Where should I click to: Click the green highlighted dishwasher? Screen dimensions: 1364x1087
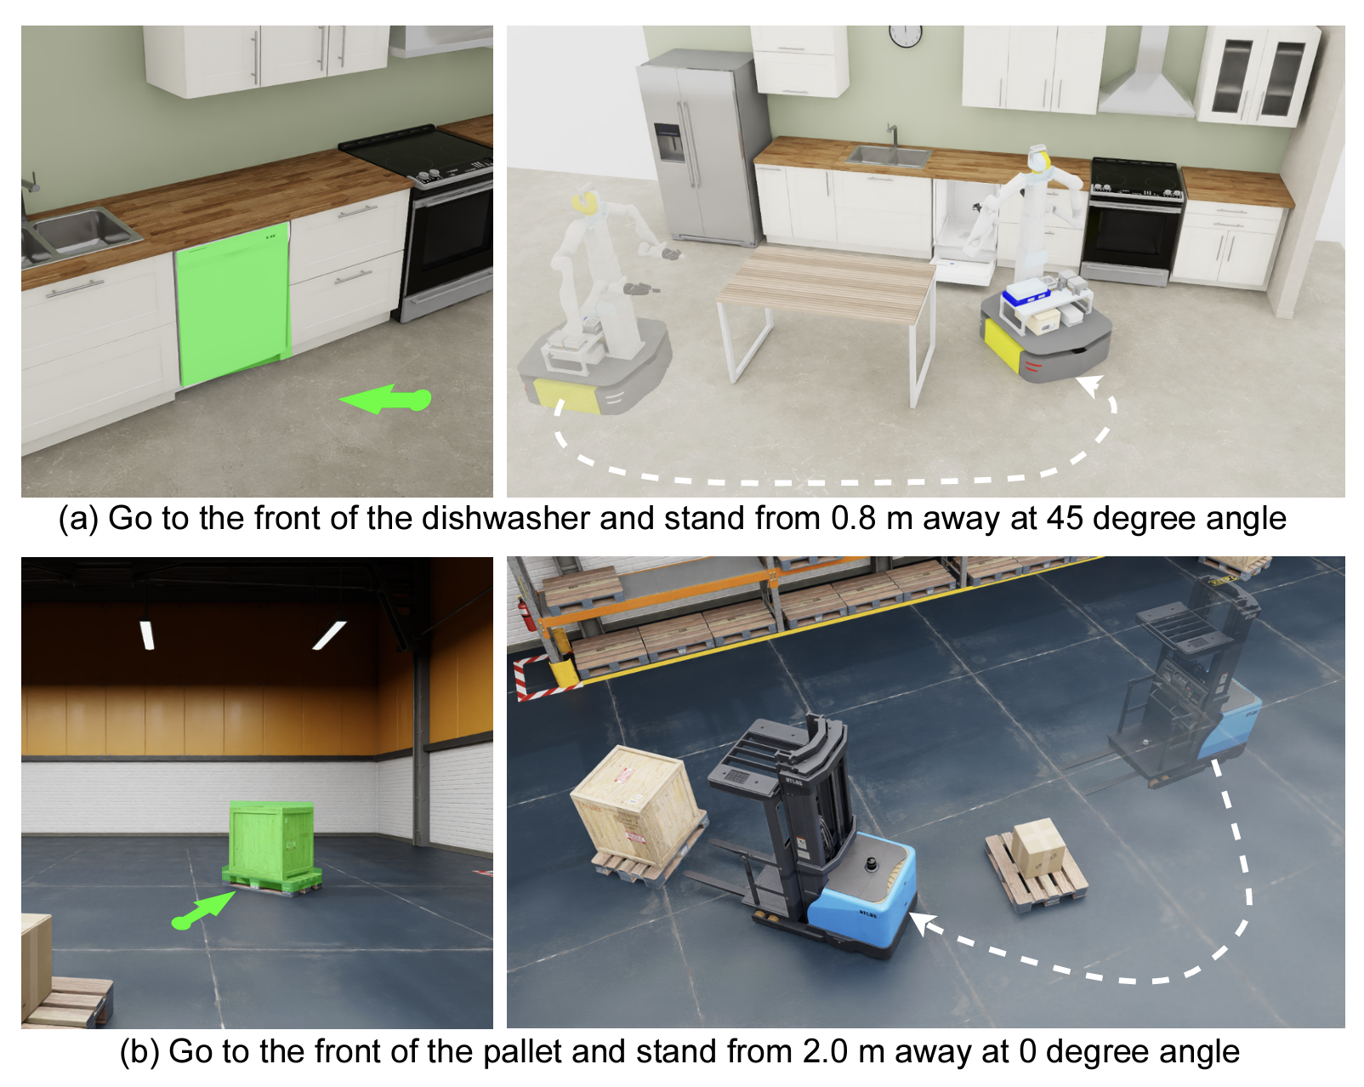pyautogui.click(x=233, y=303)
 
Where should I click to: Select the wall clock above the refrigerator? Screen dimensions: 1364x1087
pyautogui.click(x=905, y=35)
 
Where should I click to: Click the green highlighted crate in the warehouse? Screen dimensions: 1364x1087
pyautogui.click(x=271, y=847)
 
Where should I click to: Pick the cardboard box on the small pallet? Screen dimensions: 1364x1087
pyautogui.click(x=1037, y=848)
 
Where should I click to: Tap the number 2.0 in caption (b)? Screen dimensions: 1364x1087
pyautogui.click(x=825, y=1051)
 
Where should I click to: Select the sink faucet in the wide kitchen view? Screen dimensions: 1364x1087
pyautogui.click(x=892, y=135)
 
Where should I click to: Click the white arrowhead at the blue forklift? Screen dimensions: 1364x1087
pyautogui.click(x=922, y=924)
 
